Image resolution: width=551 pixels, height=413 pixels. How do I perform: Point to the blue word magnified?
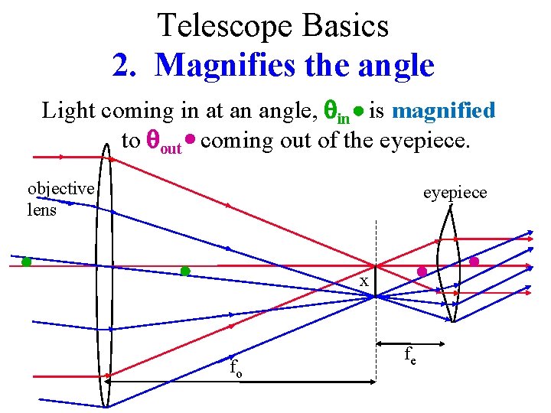point(444,111)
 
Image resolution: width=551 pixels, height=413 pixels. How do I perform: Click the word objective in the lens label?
point(60,188)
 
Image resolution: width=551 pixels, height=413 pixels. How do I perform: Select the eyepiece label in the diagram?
point(455,192)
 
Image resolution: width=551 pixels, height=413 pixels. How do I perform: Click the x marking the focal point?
point(365,281)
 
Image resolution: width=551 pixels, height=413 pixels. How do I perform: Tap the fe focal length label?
point(410,354)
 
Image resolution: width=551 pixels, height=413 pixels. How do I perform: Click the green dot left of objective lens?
point(26,262)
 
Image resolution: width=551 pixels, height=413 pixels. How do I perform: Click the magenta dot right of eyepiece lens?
point(474,262)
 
